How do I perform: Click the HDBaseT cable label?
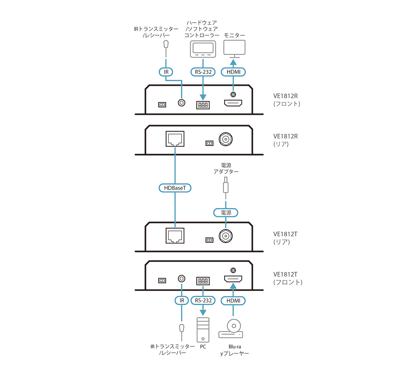coord(175,188)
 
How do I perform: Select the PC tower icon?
coord(203,330)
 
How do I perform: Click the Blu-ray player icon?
coord(231,329)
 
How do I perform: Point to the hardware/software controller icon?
coord(203,49)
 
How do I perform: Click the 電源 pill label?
coord(226,213)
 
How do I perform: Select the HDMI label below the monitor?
coord(233,72)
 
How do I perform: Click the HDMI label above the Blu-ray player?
coord(233,301)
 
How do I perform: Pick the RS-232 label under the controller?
coord(203,72)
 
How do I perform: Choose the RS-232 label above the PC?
coord(203,301)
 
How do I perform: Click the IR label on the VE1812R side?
coord(166,72)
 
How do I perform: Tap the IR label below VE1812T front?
coord(182,301)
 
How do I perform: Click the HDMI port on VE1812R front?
coord(233,103)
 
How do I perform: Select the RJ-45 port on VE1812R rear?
coord(175,139)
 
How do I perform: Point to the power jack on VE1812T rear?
coord(226,236)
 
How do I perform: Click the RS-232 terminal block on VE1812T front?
coord(203,281)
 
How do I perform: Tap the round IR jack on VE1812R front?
coord(182,103)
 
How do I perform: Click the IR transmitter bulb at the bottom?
coord(182,328)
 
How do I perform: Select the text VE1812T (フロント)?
coord(288,278)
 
